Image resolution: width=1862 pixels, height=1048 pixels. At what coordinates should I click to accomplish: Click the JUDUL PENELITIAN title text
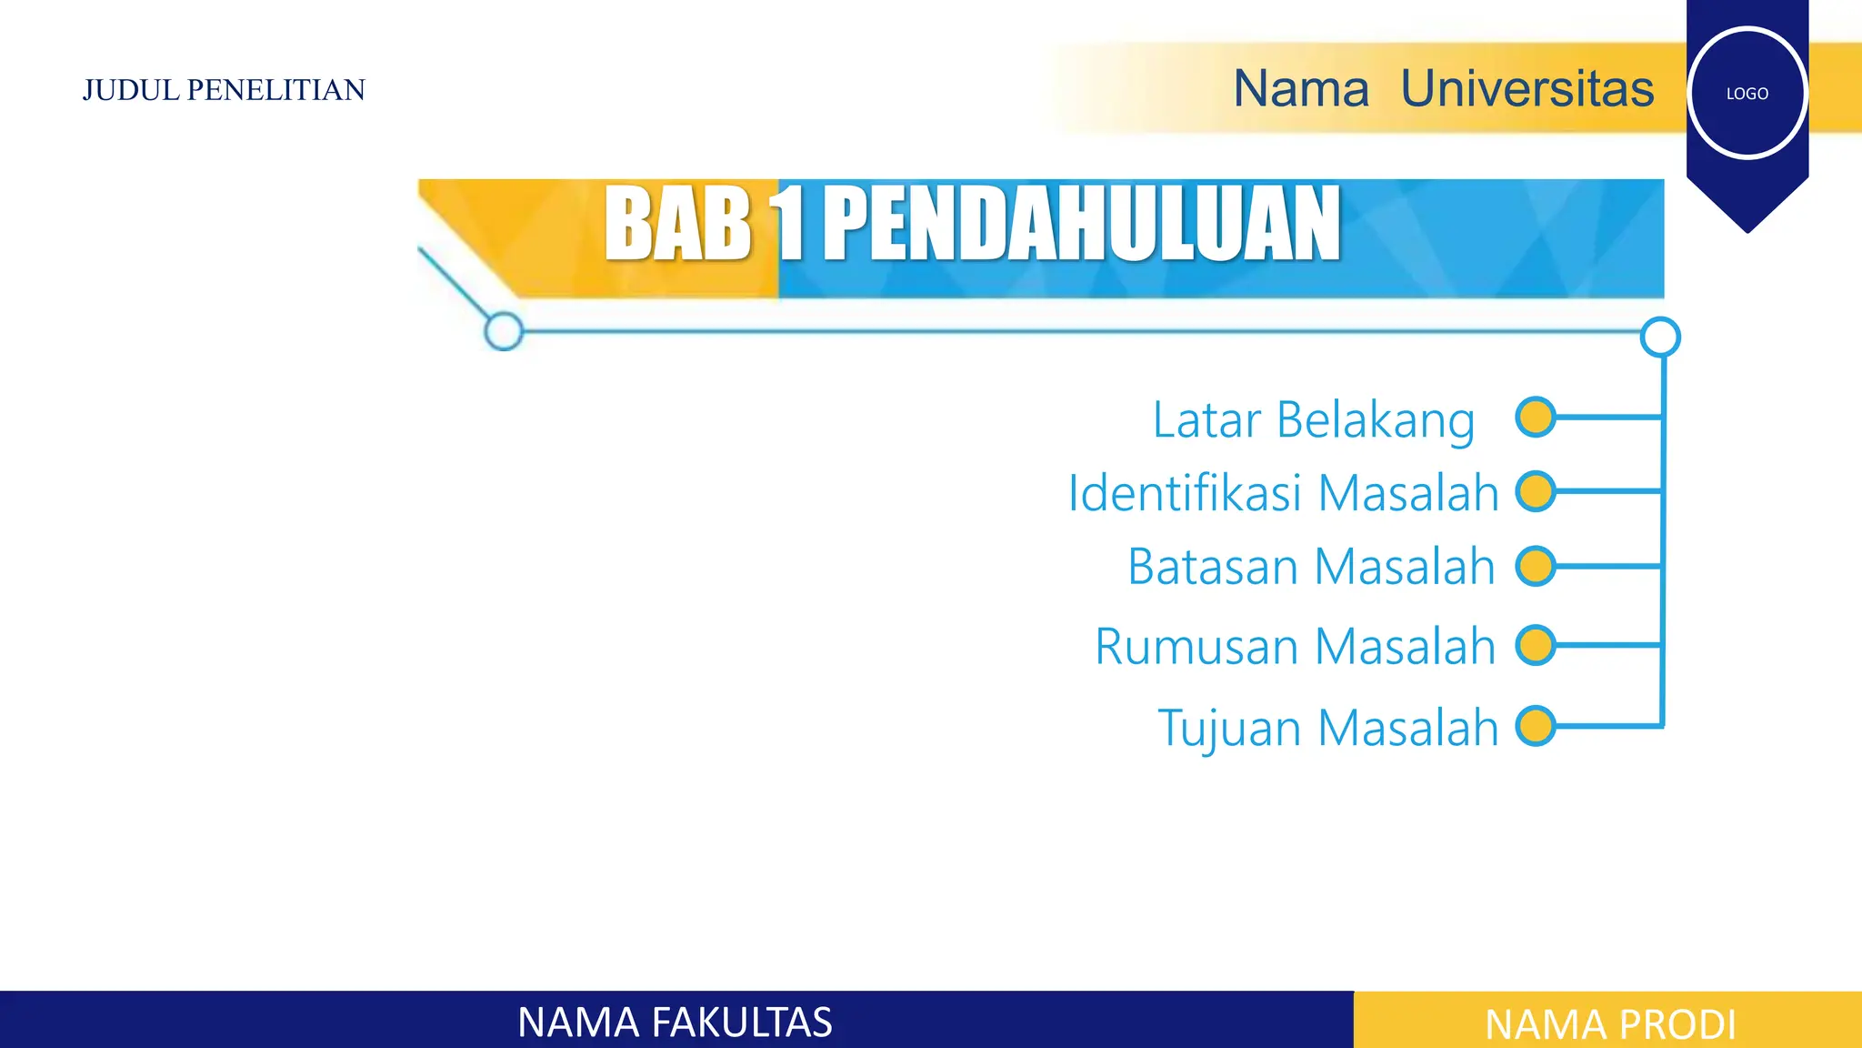[x=224, y=90]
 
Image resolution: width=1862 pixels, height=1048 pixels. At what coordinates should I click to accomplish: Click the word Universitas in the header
[x=1527, y=89]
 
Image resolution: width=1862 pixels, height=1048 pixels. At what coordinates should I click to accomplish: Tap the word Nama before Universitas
[x=1300, y=89]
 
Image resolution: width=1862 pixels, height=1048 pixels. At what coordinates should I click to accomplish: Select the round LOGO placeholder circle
[x=1747, y=93]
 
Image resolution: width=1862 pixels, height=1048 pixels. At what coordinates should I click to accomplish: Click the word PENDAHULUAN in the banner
[x=1082, y=224]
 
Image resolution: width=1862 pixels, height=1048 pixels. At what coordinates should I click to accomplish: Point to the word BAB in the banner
[x=677, y=224]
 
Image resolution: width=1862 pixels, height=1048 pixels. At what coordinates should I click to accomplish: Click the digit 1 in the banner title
[x=788, y=224]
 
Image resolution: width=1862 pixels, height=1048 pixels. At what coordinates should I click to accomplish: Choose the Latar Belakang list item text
[x=1313, y=420]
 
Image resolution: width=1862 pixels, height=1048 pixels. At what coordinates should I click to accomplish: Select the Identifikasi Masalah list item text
[x=1283, y=493]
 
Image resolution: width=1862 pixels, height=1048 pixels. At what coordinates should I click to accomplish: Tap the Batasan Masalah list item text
[x=1311, y=567]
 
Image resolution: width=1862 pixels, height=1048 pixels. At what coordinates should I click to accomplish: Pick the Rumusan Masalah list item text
[x=1295, y=647]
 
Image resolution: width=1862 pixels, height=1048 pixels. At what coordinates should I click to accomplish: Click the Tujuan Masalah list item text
[x=1327, y=728]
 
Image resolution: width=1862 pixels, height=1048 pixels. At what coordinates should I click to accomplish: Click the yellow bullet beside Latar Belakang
[x=1536, y=418]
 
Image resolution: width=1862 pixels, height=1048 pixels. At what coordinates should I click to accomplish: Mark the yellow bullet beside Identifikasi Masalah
[x=1536, y=491]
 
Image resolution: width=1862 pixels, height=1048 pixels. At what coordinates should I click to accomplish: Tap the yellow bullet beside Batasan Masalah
[x=1536, y=566]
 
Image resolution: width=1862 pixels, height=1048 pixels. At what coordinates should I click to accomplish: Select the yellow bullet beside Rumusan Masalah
[x=1536, y=645]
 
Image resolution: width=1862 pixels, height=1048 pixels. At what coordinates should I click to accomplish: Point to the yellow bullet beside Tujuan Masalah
[x=1536, y=726]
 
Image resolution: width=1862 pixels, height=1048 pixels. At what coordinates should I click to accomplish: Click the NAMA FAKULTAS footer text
[x=675, y=1023]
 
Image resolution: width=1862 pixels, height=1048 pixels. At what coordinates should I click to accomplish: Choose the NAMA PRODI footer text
[x=1610, y=1024]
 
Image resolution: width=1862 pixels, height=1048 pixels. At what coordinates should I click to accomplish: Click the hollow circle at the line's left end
[x=504, y=331]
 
